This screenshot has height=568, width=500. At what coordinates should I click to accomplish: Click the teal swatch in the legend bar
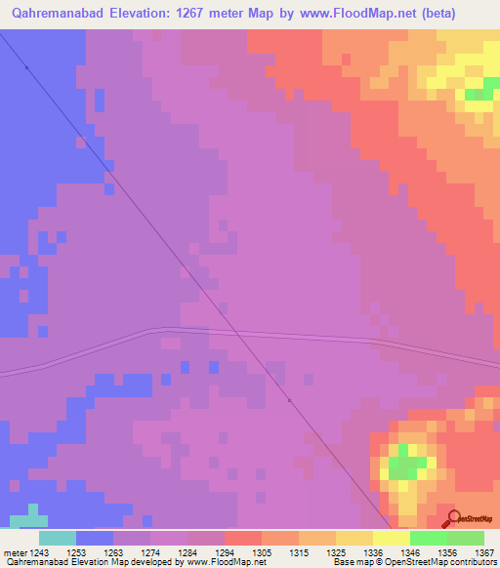(57, 538)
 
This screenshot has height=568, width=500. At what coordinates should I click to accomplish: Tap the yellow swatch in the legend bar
(391, 538)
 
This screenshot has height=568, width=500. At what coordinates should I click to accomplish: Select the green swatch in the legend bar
(429, 538)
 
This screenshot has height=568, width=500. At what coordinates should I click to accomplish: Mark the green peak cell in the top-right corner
(478, 95)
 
